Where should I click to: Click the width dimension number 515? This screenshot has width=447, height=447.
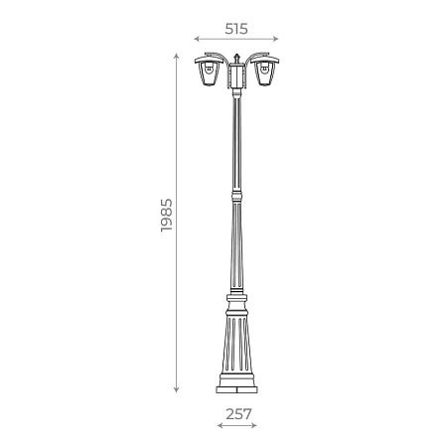coord(235,29)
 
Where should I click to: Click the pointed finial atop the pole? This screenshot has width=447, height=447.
coord(236,52)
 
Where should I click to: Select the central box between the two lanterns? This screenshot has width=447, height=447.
coord(236,74)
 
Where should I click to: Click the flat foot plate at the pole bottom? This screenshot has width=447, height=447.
coord(236,391)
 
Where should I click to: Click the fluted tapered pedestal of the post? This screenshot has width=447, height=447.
coord(236,343)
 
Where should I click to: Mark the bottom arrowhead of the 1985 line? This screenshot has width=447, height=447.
coord(178,391)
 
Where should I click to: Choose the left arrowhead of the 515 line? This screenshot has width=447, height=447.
coord(196,40)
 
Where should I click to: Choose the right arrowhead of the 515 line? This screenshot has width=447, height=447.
coord(277,40)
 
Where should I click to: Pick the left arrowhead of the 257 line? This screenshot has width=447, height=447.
coord(218,425)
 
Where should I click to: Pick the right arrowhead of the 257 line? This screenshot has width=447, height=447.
coord(256,425)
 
